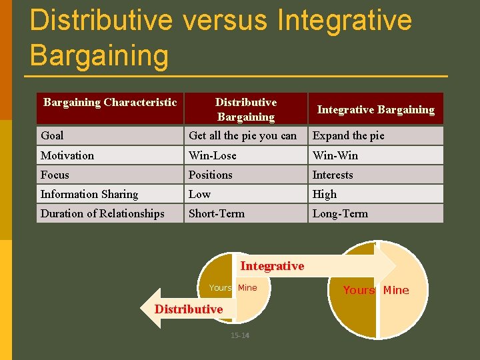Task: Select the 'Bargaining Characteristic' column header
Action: pyautogui.click(x=110, y=103)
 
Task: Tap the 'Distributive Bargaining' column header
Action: pyautogui.click(x=245, y=109)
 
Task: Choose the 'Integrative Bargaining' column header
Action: pyautogui.click(x=375, y=110)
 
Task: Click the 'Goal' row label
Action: pyautogui.click(x=52, y=136)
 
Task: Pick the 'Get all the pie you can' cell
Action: pyautogui.click(x=243, y=136)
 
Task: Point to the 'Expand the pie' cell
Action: pyautogui.click(x=349, y=136)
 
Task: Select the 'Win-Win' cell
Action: pyautogui.click(x=335, y=155)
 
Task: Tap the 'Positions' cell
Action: pyautogui.click(x=211, y=175)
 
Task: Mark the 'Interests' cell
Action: pyautogui.click(x=333, y=175)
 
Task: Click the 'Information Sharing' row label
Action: pyautogui.click(x=89, y=194)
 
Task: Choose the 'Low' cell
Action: pyautogui.click(x=199, y=194)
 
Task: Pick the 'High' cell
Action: pyautogui.click(x=325, y=194)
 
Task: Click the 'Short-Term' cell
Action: pyautogui.click(x=217, y=213)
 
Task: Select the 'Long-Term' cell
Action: pyautogui.click(x=340, y=213)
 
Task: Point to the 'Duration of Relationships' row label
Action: pyautogui.click(x=103, y=213)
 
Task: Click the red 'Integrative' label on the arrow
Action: pyautogui.click(x=272, y=266)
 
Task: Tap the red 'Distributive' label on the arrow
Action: pyautogui.click(x=189, y=309)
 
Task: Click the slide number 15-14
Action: pyautogui.click(x=240, y=335)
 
